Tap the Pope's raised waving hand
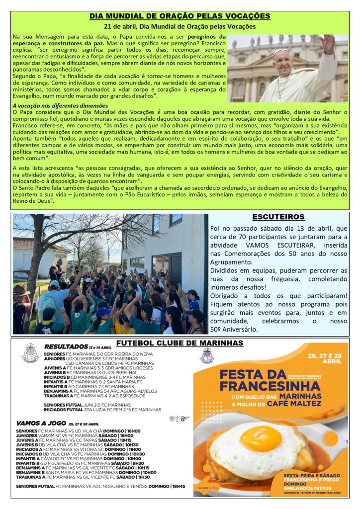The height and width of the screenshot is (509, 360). point(328,44)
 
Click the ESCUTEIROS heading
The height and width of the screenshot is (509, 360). point(278,217)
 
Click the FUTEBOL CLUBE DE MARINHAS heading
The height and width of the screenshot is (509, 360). point(180,343)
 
